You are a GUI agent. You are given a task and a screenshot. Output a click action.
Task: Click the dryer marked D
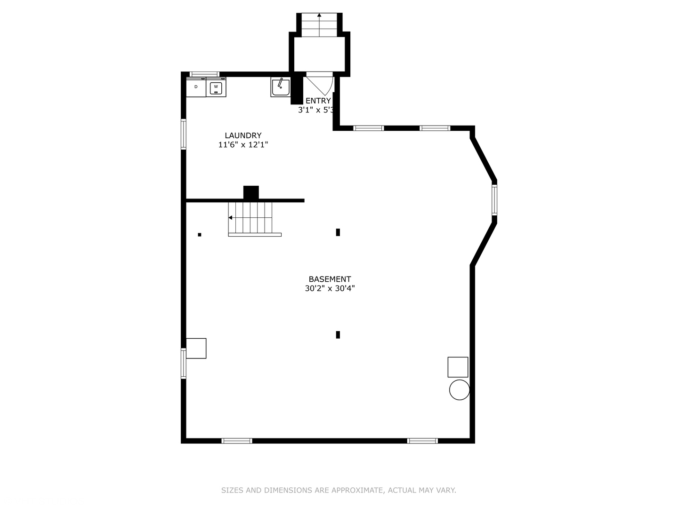[x=196, y=87]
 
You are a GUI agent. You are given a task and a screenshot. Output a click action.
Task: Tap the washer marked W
[x=216, y=87]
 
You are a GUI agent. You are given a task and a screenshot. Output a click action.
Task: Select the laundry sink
[x=280, y=87]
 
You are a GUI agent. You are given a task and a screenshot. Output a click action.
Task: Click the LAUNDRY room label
[x=243, y=135]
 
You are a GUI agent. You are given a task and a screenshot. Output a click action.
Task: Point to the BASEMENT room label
[x=330, y=279]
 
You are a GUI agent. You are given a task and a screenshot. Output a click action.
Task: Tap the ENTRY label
[x=318, y=101]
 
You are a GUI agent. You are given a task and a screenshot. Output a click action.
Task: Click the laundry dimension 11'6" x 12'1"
[x=243, y=145]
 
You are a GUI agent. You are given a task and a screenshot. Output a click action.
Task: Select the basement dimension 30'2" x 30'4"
[x=330, y=288]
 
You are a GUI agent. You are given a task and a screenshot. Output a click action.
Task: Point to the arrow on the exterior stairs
[x=319, y=16]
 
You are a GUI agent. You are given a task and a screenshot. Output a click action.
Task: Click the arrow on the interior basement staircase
[x=231, y=217]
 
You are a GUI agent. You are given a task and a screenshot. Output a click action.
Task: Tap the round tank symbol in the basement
[x=459, y=390]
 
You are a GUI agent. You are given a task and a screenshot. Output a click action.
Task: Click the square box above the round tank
[x=458, y=367]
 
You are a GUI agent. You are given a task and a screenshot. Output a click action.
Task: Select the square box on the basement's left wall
[x=196, y=348]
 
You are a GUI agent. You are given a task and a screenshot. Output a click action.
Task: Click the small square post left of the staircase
[x=200, y=234]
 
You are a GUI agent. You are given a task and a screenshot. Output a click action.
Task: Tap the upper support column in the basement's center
[x=338, y=232]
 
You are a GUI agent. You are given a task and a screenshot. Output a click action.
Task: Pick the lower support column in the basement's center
[x=338, y=335]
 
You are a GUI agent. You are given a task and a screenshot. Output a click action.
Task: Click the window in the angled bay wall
[x=494, y=200]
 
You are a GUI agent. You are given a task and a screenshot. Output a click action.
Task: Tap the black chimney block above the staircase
[x=251, y=192]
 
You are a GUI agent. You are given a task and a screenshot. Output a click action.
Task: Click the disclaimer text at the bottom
[x=339, y=490]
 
